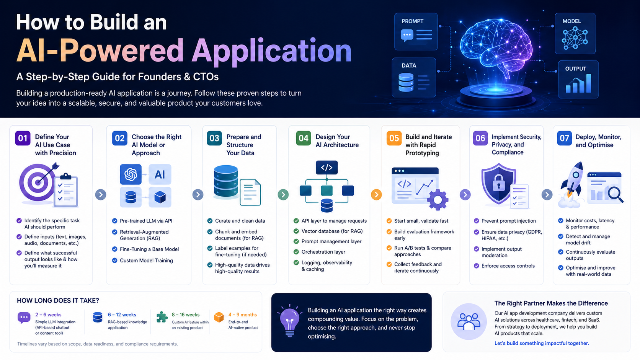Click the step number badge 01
(x=23, y=138)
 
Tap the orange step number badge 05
(x=394, y=138)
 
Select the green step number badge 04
(x=304, y=138)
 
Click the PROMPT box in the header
(x=416, y=32)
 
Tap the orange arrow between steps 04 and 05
(x=376, y=195)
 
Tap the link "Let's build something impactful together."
(x=541, y=343)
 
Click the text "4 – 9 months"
(x=242, y=315)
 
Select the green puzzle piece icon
(x=162, y=317)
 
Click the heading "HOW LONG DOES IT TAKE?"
(x=58, y=301)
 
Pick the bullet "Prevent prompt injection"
(x=508, y=221)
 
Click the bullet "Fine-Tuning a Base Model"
(x=149, y=249)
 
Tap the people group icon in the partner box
(x=469, y=321)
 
